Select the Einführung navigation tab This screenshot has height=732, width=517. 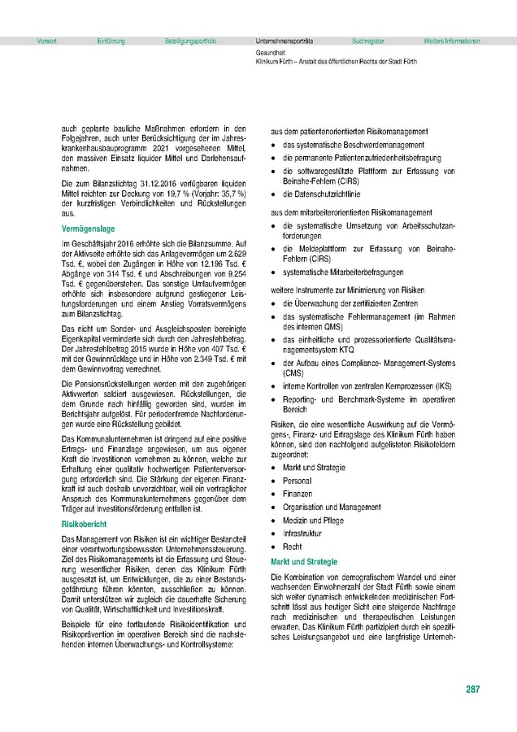(x=111, y=40)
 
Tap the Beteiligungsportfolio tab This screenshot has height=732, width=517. (x=190, y=40)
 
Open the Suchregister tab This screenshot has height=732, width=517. (x=369, y=40)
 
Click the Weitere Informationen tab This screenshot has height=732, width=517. (x=452, y=40)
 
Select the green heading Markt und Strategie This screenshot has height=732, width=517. (x=305, y=562)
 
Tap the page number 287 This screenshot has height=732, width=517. (x=472, y=690)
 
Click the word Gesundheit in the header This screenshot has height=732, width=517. (x=271, y=53)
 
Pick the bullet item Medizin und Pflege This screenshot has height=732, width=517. (x=312, y=521)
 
